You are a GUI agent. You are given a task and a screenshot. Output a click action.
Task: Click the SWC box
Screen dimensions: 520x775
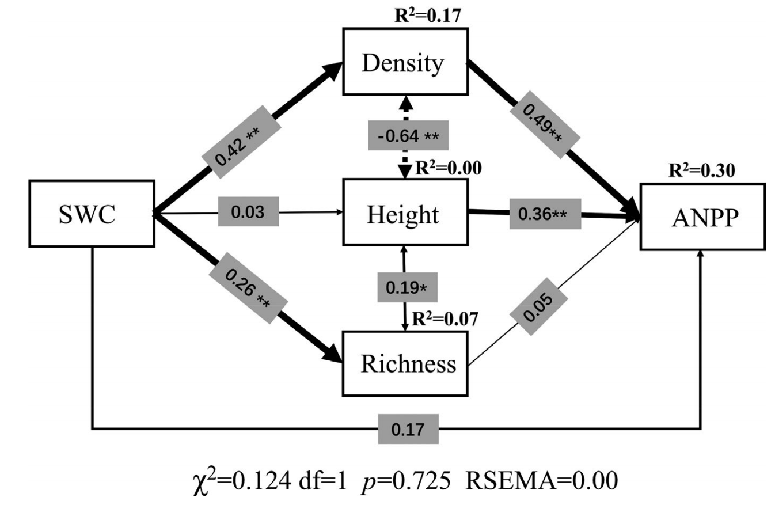coord(92,214)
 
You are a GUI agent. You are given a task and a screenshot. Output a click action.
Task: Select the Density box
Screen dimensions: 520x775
coord(405,62)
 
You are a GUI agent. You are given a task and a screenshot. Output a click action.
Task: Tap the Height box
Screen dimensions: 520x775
coord(405,212)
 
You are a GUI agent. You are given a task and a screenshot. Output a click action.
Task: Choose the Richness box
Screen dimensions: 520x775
coord(405,363)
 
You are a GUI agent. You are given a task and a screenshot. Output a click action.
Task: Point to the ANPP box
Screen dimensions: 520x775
coord(702,217)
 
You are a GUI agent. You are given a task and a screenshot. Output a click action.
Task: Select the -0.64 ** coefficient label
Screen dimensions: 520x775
coord(408,136)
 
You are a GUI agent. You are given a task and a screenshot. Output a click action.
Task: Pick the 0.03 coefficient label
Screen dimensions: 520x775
coord(248,212)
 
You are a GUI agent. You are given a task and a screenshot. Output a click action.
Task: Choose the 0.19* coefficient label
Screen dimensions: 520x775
coord(407,287)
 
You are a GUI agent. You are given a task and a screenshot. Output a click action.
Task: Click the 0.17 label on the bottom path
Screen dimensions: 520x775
coord(408,429)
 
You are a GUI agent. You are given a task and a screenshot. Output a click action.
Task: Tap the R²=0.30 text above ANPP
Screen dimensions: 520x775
coord(701,170)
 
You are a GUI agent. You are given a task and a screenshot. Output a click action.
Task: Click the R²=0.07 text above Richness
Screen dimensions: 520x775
coord(445,318)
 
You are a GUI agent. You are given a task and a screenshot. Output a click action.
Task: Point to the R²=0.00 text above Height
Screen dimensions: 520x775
coord(448,168)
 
